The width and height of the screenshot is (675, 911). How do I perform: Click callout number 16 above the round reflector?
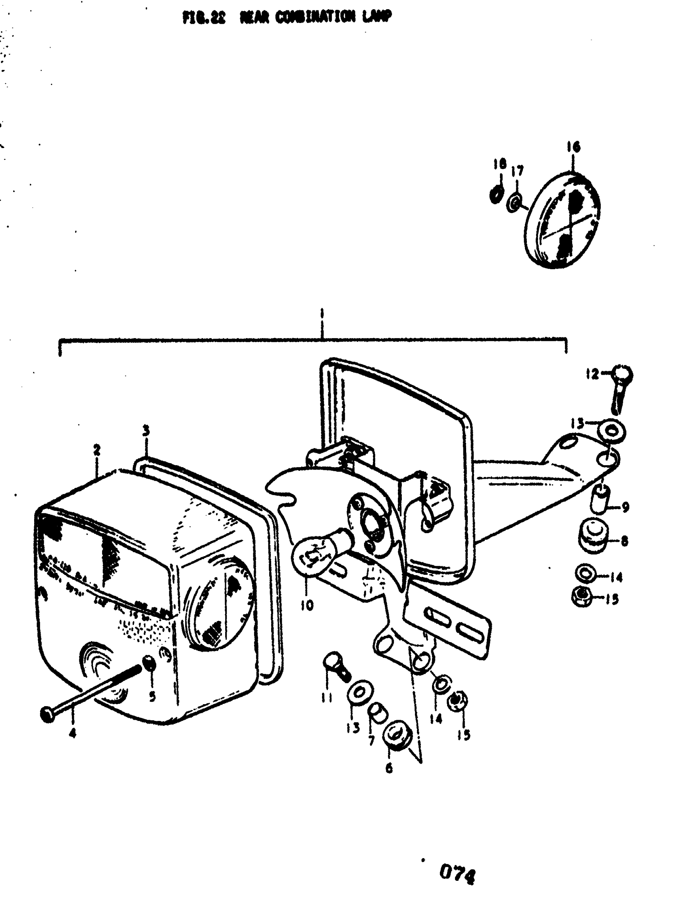573,146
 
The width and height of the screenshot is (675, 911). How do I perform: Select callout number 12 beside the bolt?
592,374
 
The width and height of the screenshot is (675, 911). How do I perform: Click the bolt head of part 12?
623,375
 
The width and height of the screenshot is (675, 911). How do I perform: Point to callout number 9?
625,507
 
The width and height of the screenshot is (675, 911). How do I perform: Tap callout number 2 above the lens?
97,451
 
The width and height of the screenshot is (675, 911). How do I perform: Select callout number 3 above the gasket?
146,431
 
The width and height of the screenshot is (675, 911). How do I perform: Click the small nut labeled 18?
496,195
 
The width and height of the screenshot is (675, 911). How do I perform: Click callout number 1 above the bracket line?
322,316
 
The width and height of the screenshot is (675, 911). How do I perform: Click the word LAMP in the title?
376,17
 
